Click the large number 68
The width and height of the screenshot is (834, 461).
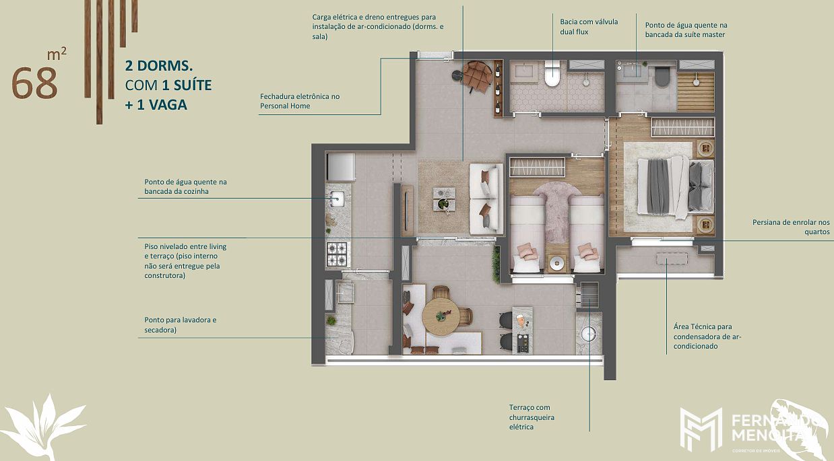[34, 83]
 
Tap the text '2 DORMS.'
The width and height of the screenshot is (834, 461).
[159, 66]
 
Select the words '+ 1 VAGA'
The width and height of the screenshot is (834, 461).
[156, 104]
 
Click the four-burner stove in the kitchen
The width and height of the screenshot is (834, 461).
[337, 254]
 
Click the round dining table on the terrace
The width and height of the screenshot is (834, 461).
[441, 316]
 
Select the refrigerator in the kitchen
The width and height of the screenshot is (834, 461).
[341, 167]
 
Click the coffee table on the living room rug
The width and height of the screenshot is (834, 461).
[444, 199]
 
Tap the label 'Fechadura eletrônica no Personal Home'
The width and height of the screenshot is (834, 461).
[300, 101]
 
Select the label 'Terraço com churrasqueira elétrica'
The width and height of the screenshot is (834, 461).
[532, 417]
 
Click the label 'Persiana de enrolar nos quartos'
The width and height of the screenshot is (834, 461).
[791, 227]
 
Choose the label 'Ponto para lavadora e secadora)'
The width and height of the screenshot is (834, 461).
[180, 325]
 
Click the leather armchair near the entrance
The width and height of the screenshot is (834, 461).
[478, 76]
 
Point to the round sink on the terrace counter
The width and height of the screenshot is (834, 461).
[589, 334]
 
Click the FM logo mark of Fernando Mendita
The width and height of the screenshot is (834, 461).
[701, 429]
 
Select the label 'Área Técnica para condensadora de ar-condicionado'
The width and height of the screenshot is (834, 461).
[707, 336]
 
